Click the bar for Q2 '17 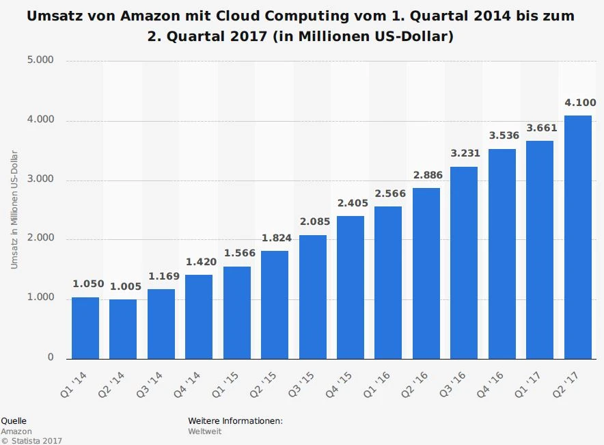click(x=577, y=237)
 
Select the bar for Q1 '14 click(x=85, y=327)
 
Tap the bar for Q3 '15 click(x=312, y=297)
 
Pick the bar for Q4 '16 click(x=502, y=254)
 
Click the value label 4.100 click(x=580, y=103)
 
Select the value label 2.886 click(x=427, y=176)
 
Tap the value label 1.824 click(x=276, y=239)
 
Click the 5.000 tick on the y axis click(x=40, y=60)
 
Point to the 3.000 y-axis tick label click(x=40, y=180)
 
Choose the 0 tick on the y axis click(x=51, y=358)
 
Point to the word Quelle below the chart click(x=14, y=421)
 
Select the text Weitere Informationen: click(x=235, y=421)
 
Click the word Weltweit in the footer click(x=205, y=431)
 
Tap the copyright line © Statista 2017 click(x=31, y=441)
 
